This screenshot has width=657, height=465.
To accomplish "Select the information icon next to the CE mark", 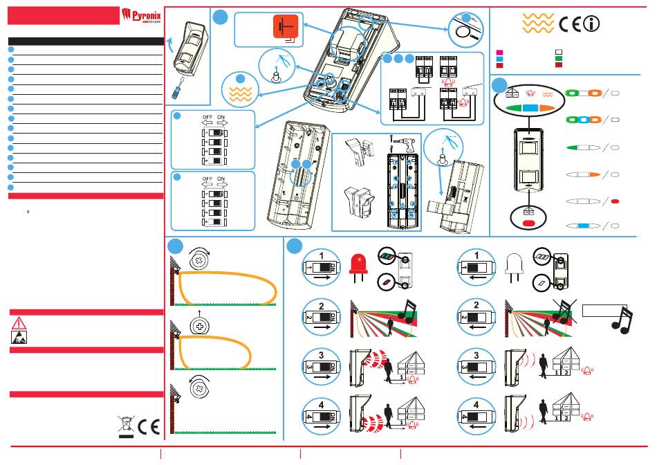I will pyautogui.click(x=591, y=24).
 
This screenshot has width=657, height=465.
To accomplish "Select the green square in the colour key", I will pyautogui.click(x=559, y=59).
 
